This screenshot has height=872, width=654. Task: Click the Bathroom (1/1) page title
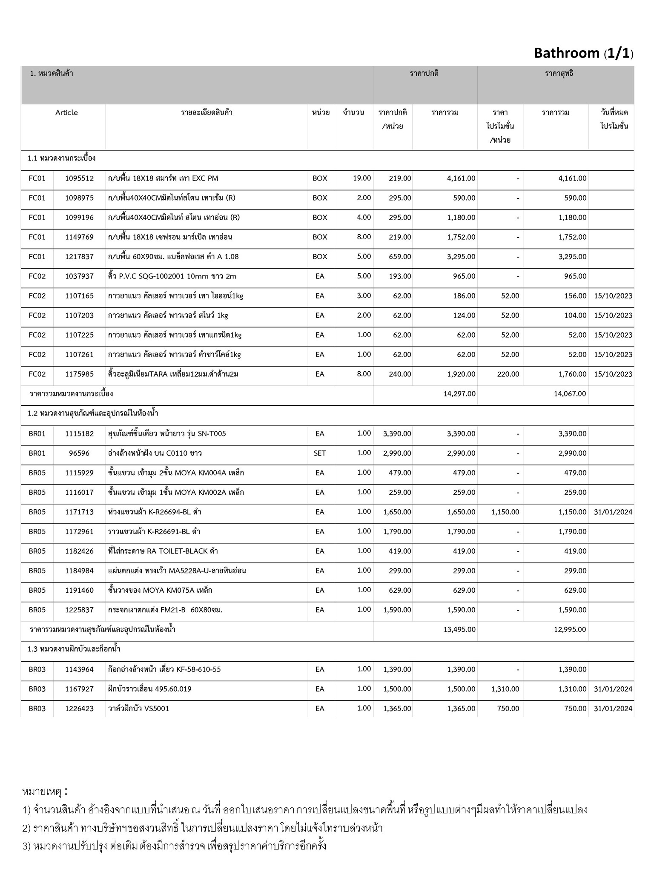[x=583, y=53]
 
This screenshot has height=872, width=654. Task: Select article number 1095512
[x=79, y=178]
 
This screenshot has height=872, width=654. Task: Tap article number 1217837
[x=79, y=257]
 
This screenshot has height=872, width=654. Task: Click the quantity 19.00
[x=362, y=178]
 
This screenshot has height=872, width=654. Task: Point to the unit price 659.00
[x=400, y=257]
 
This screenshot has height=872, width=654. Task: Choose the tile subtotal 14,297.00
[x=459, y=394]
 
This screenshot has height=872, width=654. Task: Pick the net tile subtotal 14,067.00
[x=570, y=394]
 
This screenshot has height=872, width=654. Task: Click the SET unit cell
[x=320, y=453]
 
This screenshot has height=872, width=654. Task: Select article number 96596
[x=79, y=453]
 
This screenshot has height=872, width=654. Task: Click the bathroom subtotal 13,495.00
[x=459, y=630]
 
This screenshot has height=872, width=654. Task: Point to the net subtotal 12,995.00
[x=570, y=630]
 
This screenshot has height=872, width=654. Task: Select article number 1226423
[x=79, y=709]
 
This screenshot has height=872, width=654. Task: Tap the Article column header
[x=66, y=113]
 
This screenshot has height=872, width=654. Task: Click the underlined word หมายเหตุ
[x=42, y=792]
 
